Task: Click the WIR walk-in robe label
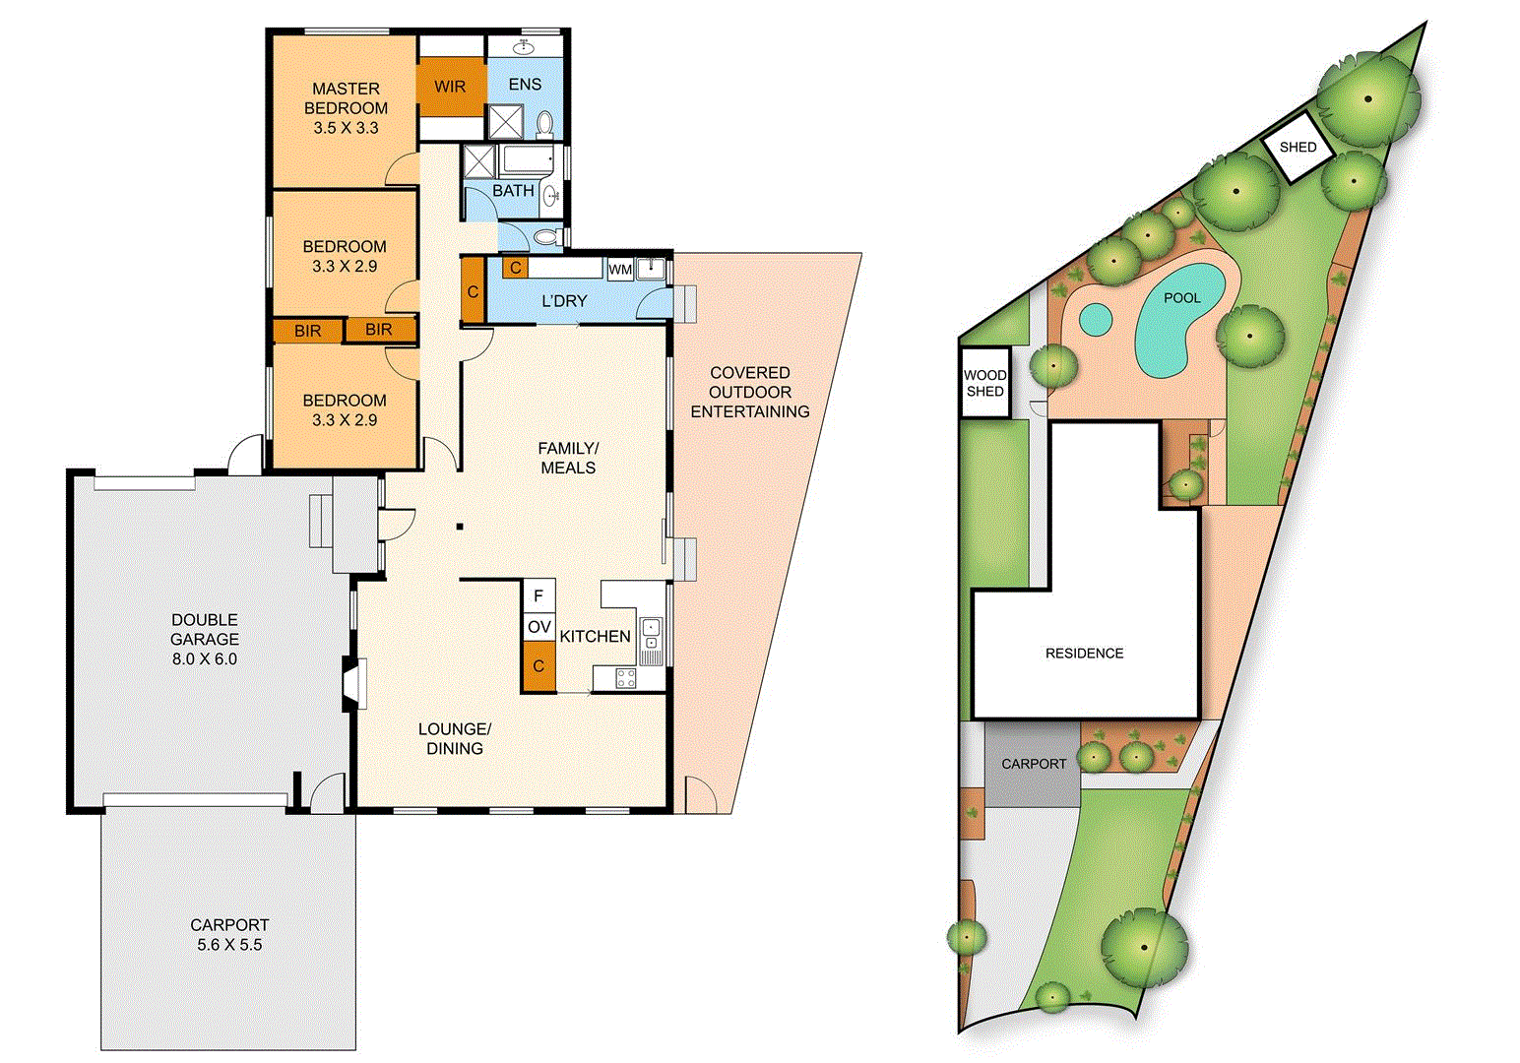click(x=450, y=87)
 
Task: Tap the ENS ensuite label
click(x=525, y=85)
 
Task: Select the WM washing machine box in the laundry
click(x=620, y=269)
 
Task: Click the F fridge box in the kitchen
click(x=538, y=596)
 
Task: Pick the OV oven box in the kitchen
click(x=538, y=627)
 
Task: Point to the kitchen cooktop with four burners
click(x=625, y=677)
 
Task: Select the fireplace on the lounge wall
click(x=354, y=683)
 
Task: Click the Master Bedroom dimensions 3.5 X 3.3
click(x=346, y=128)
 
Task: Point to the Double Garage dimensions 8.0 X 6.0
click(x=205, y=659)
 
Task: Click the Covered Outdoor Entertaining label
click(x=750, y=392)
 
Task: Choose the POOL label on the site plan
click(x=1181, y=297)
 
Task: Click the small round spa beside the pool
click(x=1095, y=319)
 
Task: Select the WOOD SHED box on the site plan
click(x=984, y=383)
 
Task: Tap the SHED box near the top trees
click(x=1298, y=148)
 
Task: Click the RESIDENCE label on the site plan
click(x=1084, y=654)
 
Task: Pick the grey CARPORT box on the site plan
click(x=1033, y=765)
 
